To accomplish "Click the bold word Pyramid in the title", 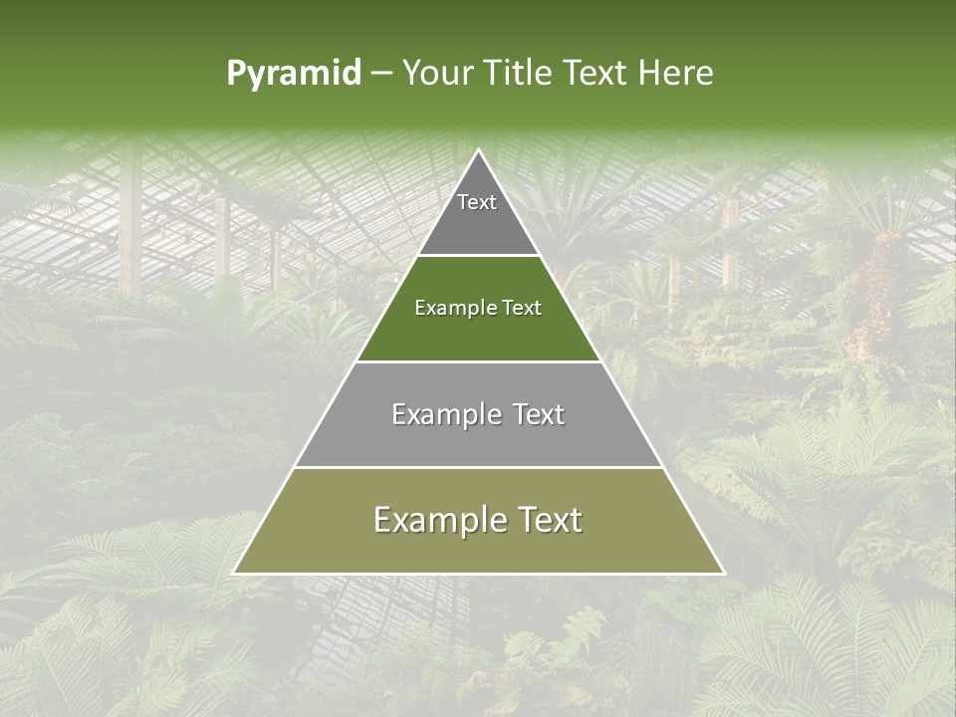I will point(293,74).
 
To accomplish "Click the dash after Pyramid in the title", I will point(380,74).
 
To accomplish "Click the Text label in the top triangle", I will point(477,202).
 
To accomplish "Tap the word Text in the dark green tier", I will point(523,309).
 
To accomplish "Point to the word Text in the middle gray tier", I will point(539,414).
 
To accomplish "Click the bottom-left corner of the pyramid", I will point(233,574).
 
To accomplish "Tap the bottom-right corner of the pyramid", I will point(724,574).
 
